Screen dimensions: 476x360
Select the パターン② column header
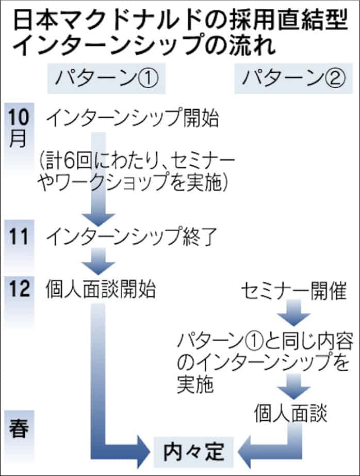point(293,80)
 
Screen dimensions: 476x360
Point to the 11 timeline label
point(19,236)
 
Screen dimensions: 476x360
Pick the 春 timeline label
point(19,429)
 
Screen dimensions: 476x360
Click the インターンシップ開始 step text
point(133,119)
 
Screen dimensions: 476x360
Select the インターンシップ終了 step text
point(133,237)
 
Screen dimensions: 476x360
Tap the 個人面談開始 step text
point(101,289)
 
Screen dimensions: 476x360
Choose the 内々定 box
point(194,452)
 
